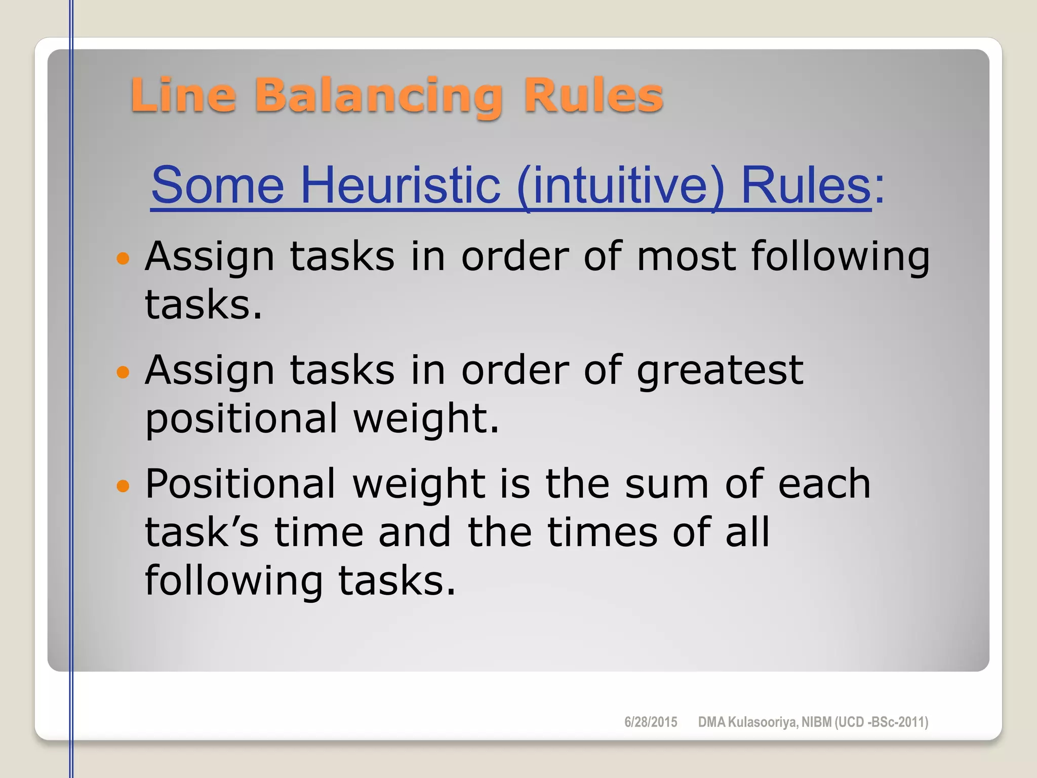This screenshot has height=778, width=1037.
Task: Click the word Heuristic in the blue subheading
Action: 401,185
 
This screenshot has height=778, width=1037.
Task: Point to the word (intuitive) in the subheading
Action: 621,185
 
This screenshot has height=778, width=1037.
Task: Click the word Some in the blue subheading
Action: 218,185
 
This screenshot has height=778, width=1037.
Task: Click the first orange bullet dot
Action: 123,259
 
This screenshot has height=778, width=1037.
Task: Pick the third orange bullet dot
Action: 123,487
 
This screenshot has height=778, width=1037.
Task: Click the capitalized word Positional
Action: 241,484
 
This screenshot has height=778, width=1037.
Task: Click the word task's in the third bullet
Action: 202,533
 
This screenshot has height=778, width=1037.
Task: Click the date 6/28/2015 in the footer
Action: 651,722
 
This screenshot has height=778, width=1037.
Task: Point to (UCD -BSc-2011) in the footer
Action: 881,722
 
